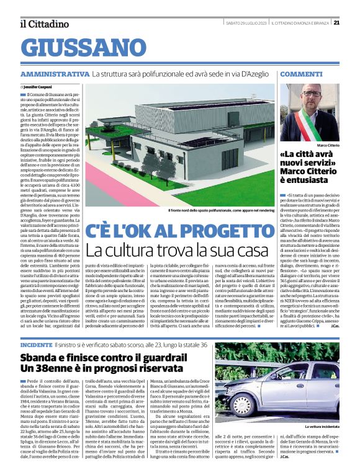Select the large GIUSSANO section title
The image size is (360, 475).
(78, 47)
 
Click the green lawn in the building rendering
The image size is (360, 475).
(155, 180)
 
